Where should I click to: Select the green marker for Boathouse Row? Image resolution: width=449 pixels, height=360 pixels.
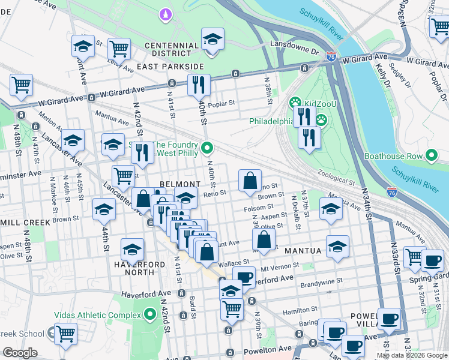tap(431, 156)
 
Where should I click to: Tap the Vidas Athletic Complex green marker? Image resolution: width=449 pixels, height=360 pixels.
tap(150, 315)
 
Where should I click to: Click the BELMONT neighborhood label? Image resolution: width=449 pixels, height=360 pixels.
tap(179, 184)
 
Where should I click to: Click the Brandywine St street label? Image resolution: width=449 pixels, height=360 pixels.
tap(322, 280)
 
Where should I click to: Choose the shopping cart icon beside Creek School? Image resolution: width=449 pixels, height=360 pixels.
tap(65, 334)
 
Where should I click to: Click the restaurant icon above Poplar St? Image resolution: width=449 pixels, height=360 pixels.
tap(199, 85)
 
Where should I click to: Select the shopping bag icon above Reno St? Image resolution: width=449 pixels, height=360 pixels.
tap(250, 180)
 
